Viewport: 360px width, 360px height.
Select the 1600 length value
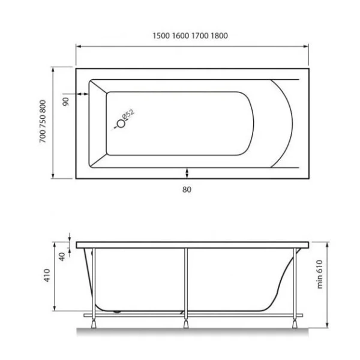pyautogui.click(x=181, y=35)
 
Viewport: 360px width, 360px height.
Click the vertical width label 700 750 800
pyautogui.click(x=41, y=123)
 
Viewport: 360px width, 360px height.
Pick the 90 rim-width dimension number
pyautogui.click(x=67, y=101)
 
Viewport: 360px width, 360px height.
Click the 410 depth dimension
pyautogui.click(x=47, y=277)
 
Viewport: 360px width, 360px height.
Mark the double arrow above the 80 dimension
pyautogui.click(x=188, y=173)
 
